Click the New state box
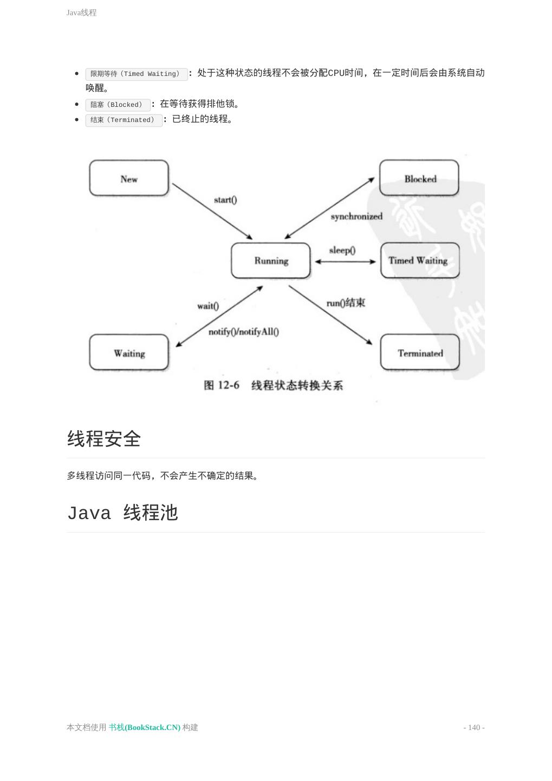[129, 178]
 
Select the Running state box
[271, 261]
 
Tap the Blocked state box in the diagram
[419, 178]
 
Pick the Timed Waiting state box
[420, 261]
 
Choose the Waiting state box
[129, 353]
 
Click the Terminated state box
[420, 353]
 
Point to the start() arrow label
[225, 200]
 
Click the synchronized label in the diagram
[356, 216]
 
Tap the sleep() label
[342, 250]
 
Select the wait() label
[208, 306]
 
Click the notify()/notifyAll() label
[244, 332]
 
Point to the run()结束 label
[346, 303]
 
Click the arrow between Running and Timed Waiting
[345, 261]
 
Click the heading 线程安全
[104, 439]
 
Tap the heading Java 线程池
[122, 513]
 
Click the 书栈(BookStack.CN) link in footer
[145, 727]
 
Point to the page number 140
[474, 727]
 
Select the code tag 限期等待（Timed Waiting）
[136, 74]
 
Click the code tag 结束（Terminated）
[124, 120]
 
